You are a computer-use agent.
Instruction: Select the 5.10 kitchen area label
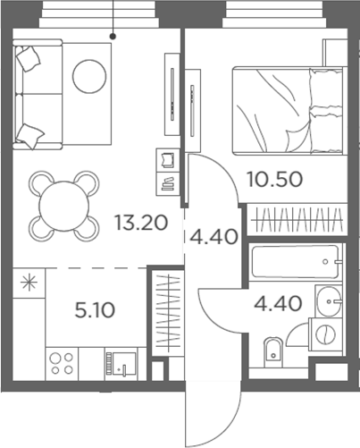coord(95,314)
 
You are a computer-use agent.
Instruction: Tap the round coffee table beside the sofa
coord(90,76)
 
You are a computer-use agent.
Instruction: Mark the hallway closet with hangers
coord(167,317)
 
